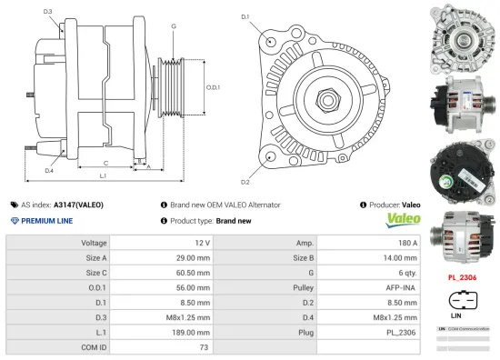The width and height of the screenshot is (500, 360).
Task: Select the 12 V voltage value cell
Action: [x=202, y=244]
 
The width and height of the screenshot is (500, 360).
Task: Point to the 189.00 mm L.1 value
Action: [x=194, y=332]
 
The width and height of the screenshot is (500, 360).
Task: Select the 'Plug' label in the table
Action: [x=305, y=332]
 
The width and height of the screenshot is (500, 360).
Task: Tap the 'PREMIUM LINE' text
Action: [x=46, y=221]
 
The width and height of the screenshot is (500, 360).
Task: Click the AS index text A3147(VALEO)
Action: [x=78, y=205]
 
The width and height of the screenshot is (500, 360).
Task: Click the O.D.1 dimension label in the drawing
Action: [x=213, y=87]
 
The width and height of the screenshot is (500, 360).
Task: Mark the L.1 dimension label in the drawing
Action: [x=103, y=174]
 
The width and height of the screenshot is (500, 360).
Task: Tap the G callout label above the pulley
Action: [x=173, y=26]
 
